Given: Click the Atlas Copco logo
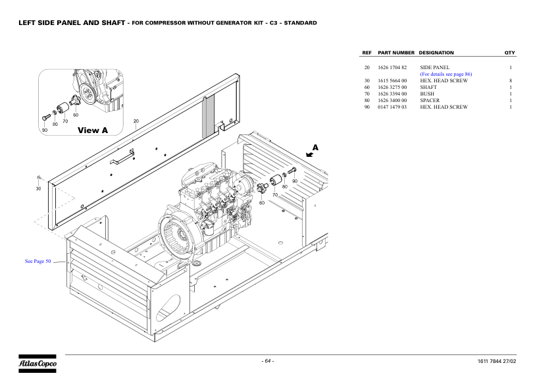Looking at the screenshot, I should click(38, 363).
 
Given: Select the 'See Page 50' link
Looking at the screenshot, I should click(38, 262).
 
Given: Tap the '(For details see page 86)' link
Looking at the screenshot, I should click(445, 74).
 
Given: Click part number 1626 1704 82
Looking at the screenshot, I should click(393, 67).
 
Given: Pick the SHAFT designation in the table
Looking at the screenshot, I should click(428, 87).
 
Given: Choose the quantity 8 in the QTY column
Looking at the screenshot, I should click(511, 80).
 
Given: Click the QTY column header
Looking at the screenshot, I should click(509, 53).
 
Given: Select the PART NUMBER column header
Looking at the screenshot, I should click(396, 53).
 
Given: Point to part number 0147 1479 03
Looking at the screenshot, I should click(393, 107).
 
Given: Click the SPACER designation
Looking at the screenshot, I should click(430, 100).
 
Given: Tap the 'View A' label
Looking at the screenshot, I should click(92, 130).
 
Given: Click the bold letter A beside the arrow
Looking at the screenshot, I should click(315, 148).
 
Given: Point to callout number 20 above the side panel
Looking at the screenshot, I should click(136, 121).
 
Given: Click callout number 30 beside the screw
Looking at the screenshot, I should click(38, 189).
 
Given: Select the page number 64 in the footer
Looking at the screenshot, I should click(268, 361).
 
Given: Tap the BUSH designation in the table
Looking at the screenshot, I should click(427, 94).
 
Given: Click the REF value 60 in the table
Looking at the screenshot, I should click(366, 87).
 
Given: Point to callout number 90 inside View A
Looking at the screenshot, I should click(45, 130).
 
